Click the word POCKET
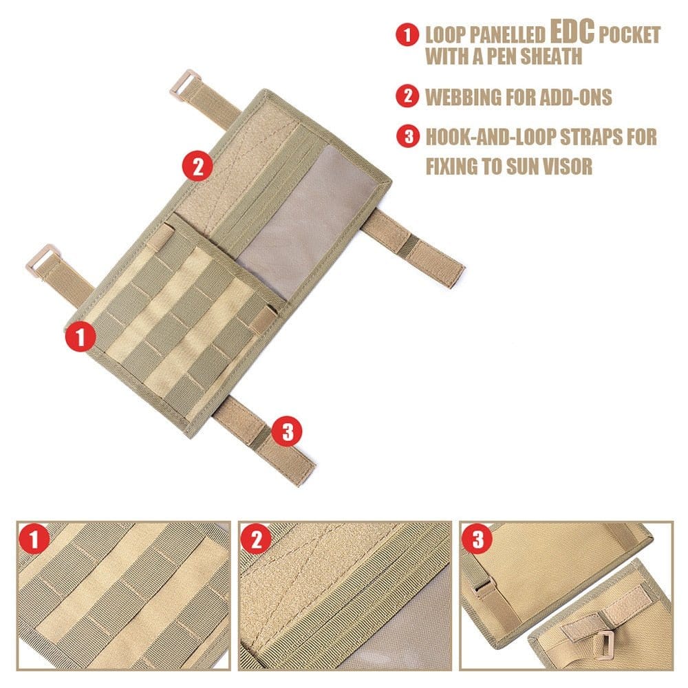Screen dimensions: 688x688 [630, 34]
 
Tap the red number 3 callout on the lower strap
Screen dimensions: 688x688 [287, 431]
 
